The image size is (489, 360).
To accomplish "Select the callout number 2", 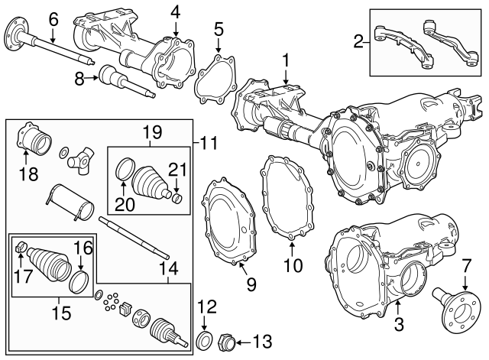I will [x=358, y=42].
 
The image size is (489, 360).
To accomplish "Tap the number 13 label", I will [x=262, y=340].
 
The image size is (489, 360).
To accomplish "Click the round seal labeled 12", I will [x=206, y=339].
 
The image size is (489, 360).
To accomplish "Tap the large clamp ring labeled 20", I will [x=125, y=171].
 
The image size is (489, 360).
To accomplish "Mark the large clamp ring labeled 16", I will [x=78, y=280].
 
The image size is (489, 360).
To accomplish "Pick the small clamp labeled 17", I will [x=22, y=247].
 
